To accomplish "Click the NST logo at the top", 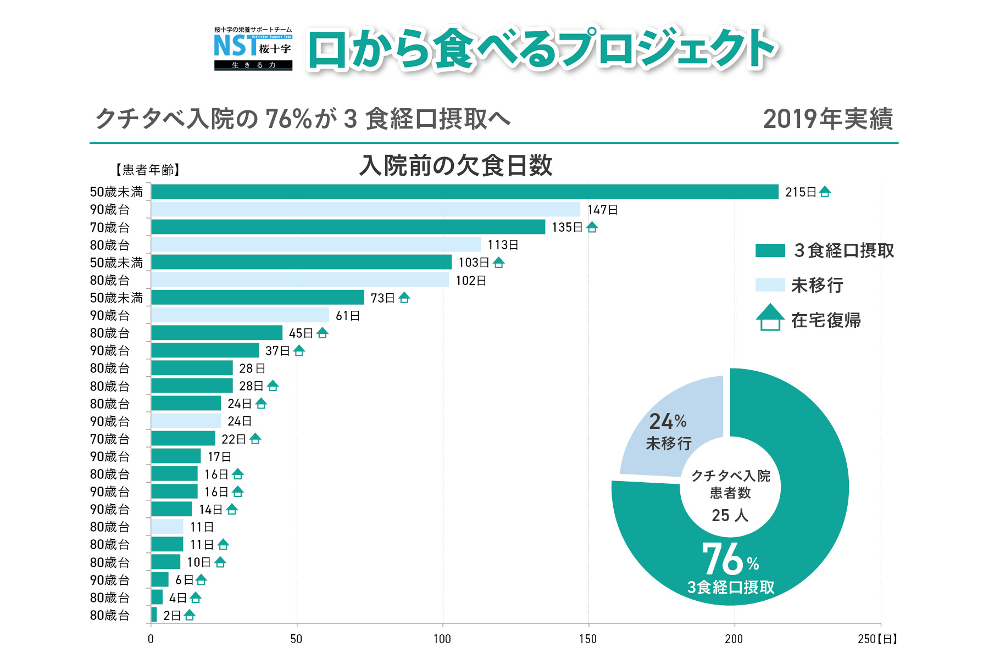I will (253, 49).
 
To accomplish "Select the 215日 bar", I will (464, 192).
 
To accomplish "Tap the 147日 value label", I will (603, 210).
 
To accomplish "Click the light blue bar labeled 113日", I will (316, 244).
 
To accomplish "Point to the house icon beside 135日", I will (592, 227).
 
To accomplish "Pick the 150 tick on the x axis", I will (588, 639).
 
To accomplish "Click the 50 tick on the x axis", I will (296, 639).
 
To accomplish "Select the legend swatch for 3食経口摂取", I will (770, 250).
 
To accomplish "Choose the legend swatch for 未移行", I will (770, 284).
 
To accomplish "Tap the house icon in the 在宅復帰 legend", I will (770, 317).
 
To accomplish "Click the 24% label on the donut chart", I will (668, 422).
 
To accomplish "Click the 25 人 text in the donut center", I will (730, 515).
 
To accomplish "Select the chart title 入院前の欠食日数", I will (455, 165).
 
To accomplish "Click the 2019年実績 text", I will (828, 119).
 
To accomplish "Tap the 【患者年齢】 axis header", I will (148, 170).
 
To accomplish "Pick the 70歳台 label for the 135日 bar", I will (110, 227).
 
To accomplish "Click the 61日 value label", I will (348, 316).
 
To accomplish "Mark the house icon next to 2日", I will (190, 615).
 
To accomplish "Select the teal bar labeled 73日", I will (257, 297).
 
